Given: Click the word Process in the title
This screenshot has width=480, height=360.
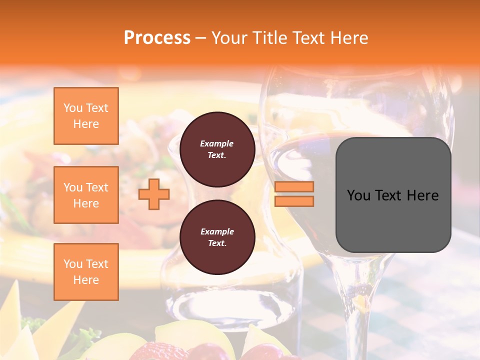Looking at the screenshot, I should coord(157,38).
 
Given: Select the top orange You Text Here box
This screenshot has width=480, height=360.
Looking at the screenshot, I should coord(86,116).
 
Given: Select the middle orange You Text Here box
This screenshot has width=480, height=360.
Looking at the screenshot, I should coord(86,195).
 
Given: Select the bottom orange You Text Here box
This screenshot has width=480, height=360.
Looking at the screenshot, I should coord(86,272).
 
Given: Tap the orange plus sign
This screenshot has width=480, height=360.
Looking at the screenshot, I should coord(154,194).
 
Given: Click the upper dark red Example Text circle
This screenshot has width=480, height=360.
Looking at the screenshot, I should coord(217,149).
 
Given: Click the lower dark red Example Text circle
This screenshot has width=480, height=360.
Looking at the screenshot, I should coord(217,237).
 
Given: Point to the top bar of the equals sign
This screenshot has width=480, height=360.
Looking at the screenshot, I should coord(294,187).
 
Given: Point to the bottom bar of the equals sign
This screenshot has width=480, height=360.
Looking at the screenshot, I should coord(294,201).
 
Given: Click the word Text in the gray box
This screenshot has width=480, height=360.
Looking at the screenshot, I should coord(389,195).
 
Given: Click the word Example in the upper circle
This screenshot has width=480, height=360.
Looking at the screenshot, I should coord(217,143).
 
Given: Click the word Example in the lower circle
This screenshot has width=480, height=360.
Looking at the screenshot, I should coord(217,231).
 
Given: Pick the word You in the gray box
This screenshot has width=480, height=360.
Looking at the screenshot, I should coord(358,195).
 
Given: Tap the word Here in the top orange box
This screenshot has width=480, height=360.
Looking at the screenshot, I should coord(86,124).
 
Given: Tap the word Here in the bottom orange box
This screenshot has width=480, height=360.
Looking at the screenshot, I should coord(86,280).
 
